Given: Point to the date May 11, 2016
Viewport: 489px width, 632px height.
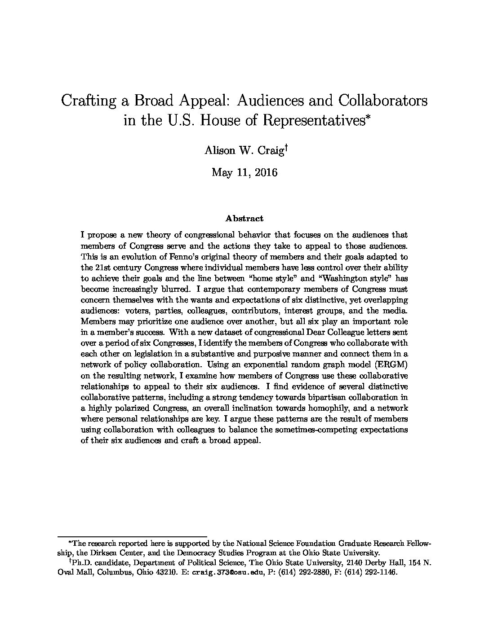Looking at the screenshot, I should click(244, 172).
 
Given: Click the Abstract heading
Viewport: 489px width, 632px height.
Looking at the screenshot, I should click(244, 219).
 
